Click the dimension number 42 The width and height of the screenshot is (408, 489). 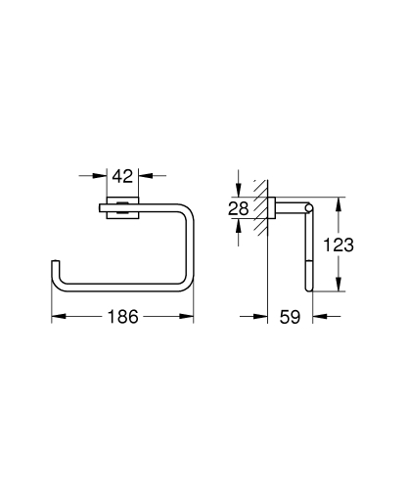click(122, 177)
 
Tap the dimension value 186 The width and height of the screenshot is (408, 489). click(121, 318)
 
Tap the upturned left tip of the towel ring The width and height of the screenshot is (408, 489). click(53, 269)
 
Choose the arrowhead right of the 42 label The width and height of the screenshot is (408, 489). click(143, 177)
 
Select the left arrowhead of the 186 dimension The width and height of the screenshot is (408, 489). click(56, 317)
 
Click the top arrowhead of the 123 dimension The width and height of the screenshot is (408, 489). click(340, 200)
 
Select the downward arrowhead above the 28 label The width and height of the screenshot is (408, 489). click(238, 188)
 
